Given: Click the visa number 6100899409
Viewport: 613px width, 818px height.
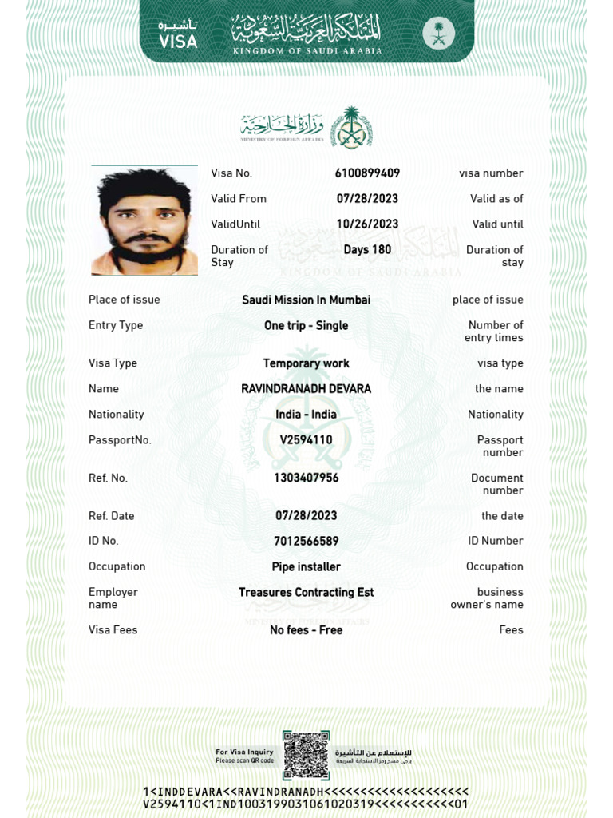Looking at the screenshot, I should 367,173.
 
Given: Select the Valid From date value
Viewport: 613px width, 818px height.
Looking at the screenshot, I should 367,199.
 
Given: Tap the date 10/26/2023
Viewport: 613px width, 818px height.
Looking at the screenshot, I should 367,224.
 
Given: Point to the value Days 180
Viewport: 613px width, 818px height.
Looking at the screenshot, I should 367,250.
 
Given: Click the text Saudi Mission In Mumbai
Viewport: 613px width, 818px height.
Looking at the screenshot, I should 306,300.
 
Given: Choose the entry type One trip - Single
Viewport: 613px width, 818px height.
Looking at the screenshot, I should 306,326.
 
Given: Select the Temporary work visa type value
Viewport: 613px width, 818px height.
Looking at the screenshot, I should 306,363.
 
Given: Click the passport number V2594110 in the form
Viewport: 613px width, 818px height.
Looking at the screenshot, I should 306,440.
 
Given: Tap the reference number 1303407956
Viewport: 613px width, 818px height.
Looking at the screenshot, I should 306,478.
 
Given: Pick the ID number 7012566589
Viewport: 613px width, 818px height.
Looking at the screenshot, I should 306,542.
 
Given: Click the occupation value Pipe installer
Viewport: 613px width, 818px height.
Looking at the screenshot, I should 306,567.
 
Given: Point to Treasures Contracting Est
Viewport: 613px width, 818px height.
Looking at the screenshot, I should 306,593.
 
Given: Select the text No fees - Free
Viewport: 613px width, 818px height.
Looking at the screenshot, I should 306,630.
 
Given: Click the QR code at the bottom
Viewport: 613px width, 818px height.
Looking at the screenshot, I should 306,755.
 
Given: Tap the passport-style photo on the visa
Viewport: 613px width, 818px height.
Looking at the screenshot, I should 144,220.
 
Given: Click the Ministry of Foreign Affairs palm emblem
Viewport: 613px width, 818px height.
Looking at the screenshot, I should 351,127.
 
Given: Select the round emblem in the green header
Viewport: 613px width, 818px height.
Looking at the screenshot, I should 438,34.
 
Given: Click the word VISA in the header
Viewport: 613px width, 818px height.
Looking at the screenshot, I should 178,42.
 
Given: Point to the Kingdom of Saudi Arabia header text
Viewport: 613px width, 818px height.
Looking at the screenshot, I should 306,51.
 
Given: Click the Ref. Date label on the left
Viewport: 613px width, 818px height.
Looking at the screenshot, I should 112,516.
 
